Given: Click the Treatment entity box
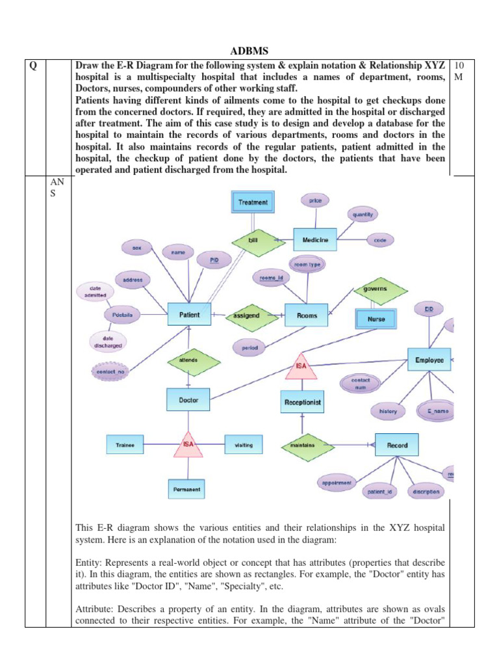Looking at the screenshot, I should (253, 202).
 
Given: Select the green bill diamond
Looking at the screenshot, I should (253, 240).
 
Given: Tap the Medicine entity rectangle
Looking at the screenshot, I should (315, 240).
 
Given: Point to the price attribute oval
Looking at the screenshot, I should (315, 201).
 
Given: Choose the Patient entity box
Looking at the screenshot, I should (189, 315).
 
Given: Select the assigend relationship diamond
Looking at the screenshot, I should (246, 315).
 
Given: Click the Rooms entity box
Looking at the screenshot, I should (307, 315).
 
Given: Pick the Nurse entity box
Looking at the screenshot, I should (376, 319).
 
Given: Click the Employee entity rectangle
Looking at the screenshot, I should (429, 360).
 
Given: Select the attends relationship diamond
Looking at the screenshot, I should (188, 359).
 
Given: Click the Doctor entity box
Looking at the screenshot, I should (188, 400).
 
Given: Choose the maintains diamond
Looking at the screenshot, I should (298, 446).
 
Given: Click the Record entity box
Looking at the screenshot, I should (397, 445).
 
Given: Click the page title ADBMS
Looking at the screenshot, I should (249, 51).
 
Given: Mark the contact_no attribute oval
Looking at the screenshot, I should (110, 372).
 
